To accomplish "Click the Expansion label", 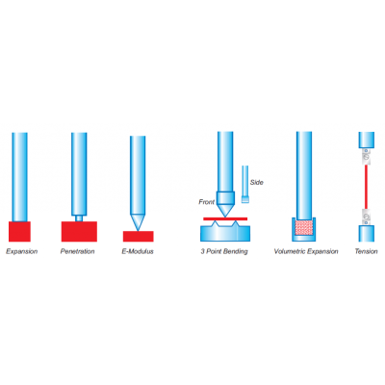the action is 22,251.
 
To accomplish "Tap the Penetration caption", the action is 78,251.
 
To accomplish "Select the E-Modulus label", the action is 138,251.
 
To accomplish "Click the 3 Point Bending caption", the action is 224,251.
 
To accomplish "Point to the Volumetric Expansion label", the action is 306,251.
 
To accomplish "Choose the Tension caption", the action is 366,251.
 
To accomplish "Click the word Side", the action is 257,182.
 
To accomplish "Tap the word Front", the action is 207,202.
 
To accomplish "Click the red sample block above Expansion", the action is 19,231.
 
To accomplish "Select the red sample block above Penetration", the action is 79,231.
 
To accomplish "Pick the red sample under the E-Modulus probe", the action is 139,237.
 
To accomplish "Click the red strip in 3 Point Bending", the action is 225,218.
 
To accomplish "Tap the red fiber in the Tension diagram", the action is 366,187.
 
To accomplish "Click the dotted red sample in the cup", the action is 304,227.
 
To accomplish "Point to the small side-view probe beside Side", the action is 245,184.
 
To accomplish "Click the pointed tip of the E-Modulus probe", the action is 138,230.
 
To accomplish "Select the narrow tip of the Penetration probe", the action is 79,218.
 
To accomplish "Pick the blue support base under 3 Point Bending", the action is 225,232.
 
